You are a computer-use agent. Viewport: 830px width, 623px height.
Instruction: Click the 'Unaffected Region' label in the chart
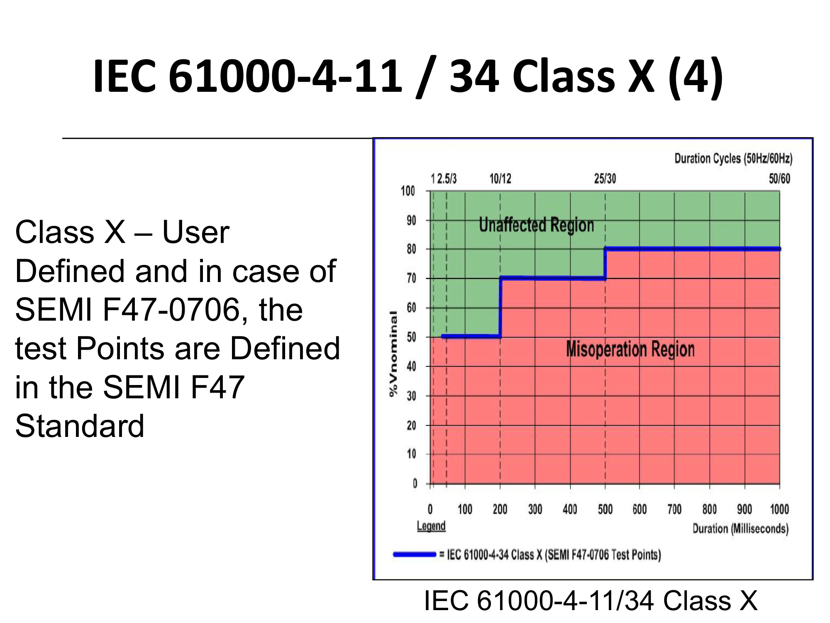[x=536, y=225]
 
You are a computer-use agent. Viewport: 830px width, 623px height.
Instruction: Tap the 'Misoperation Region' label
[x=630, y=349]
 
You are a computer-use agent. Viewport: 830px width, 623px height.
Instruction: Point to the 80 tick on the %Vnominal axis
[x=411, y=249]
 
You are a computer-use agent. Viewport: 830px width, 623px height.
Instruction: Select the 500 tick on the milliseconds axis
[x=605, y=509]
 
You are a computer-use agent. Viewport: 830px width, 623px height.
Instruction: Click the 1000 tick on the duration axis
[x=779, y=509]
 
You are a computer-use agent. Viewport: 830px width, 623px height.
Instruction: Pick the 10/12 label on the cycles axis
[x=500, y=179]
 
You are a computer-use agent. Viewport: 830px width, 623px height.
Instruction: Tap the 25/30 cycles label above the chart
[x=605, y=179]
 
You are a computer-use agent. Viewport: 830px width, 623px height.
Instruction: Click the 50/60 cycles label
[x=779, y=179]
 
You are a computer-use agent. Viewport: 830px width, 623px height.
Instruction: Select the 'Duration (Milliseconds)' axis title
[x=740, y=529]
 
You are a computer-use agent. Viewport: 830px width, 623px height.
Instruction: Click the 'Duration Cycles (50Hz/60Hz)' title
[x=733, y=159]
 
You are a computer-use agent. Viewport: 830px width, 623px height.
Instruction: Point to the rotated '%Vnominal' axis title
[x=393, y=353]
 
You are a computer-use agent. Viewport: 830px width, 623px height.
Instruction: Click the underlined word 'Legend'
[x=431, y=526]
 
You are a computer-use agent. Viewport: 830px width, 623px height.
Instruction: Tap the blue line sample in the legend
[x=414, y=554]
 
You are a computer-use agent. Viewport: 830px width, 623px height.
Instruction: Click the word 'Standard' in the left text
[x=80, y=426]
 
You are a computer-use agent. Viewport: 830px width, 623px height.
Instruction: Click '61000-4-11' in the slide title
[x=286, y=76]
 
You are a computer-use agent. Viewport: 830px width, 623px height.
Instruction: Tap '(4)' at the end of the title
[x=696, y=77]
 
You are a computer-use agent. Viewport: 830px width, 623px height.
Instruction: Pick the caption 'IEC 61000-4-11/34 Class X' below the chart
[x=591, y=601]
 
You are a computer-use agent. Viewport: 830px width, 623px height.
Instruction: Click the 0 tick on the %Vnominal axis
[x=415, y=483]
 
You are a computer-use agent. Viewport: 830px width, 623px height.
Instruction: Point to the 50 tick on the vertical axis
[x=411, y=337]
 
